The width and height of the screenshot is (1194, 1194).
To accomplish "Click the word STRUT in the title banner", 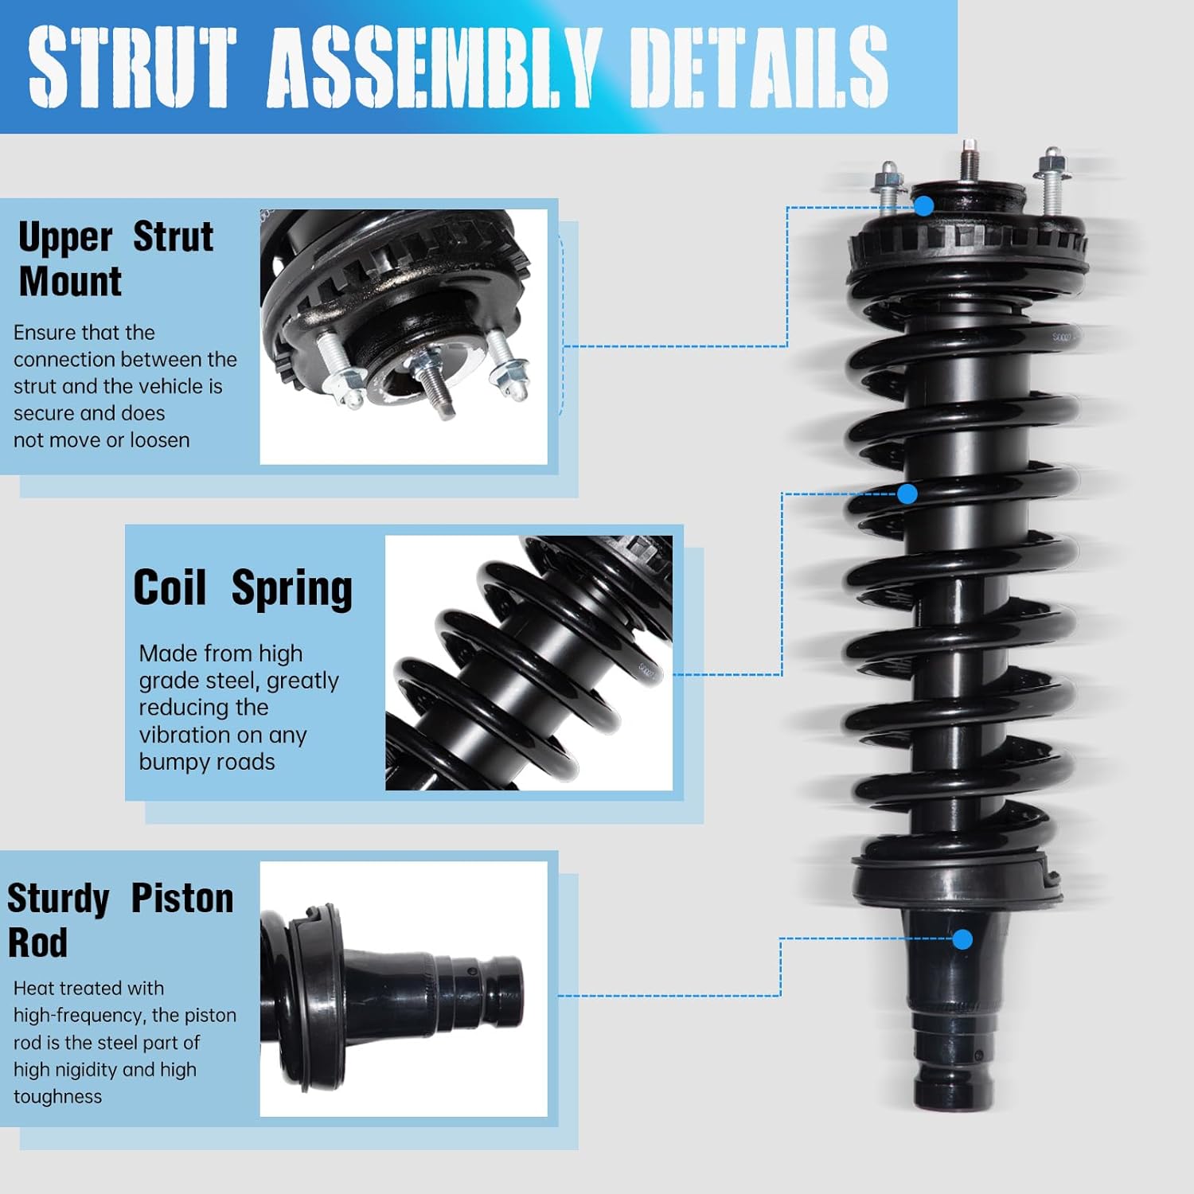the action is (132, 67).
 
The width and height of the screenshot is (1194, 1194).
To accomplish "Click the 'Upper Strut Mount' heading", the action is (115, 259).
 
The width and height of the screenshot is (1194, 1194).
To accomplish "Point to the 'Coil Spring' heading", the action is (243, 588).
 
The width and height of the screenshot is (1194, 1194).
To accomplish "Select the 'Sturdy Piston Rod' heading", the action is (119, 920).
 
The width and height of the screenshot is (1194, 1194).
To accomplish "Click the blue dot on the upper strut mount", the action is (923, 206).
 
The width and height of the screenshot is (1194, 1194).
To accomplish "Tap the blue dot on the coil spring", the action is (907, 494).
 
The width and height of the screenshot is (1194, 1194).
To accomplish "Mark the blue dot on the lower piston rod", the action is (962, 939).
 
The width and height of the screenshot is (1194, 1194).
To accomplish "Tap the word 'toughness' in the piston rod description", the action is (58, 1097).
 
